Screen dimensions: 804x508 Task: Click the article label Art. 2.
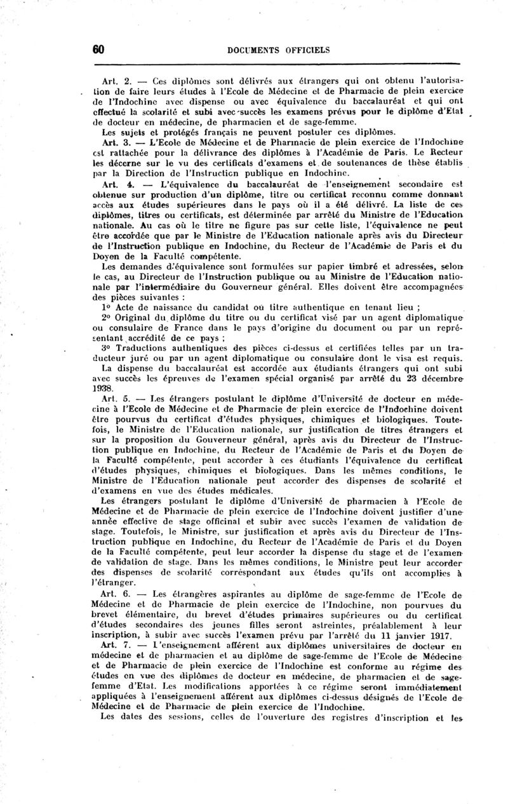tap(116, 82)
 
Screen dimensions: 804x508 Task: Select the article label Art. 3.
tap(116, 142)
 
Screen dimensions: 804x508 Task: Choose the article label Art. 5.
tap(116, 399)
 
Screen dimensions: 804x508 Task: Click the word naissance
tap(184, 306)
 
